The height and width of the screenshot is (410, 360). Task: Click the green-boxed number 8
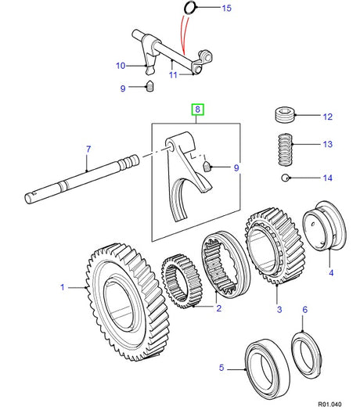[x=199, y=110]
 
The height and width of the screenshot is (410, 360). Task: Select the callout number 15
[x=227, y=9]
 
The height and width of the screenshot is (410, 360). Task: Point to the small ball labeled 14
[x=287, y=178]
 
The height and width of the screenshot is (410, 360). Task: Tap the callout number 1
[x=63, y=287]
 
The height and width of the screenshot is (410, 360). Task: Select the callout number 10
[x=121, y=65]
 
